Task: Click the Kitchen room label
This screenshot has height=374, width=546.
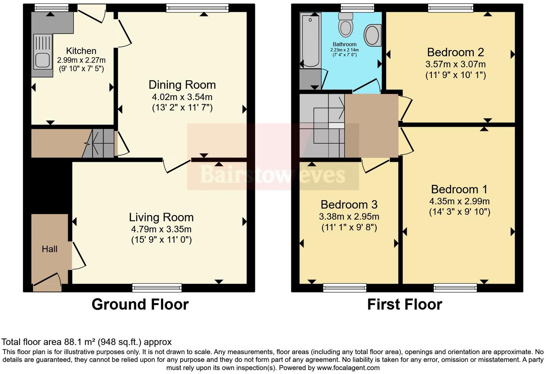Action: (x=81, y=51)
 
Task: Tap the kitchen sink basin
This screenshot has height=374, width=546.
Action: (x=42, y=60)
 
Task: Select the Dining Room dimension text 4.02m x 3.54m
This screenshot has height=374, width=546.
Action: (x=182, y=97)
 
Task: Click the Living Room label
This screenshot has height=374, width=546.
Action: (x=161, y=217)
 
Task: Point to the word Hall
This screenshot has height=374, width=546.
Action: (x=50, y=249)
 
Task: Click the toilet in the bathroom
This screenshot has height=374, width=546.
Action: (x=346, y=25)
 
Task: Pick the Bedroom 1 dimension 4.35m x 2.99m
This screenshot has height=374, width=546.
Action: (x=459, y=201)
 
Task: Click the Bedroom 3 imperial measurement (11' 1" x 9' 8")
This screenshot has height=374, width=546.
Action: (x=349, y=228)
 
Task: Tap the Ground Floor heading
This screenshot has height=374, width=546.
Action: (x=140, y=304)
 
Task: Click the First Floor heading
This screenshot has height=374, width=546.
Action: (x=404, y=304)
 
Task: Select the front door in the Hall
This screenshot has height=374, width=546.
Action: (x=47, y=282)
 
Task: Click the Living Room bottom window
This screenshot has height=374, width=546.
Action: (x=157, y=287)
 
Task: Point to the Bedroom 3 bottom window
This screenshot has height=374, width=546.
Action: (x=344, y=287)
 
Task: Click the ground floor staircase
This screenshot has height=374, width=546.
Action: (x=99, y=143)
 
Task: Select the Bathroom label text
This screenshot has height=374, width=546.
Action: (x=344, y=44)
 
